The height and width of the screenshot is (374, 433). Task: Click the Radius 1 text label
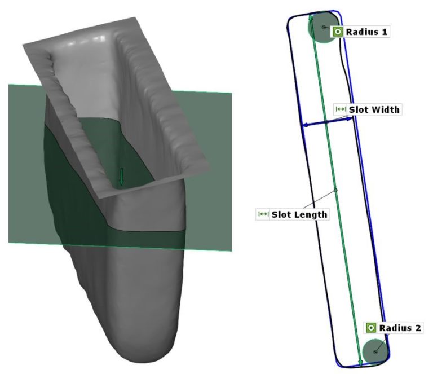(x=366, y=32)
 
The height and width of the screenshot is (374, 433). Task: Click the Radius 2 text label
(x=400, y=328)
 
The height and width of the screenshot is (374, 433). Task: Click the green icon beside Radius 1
(x=337, y=32)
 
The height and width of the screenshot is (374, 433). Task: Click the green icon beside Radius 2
(x=371, y=328)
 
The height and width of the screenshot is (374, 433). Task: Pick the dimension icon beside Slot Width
(x=341, y=109)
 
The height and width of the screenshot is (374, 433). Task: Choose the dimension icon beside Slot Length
(x=263, y=214)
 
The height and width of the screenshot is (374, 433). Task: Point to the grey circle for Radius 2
(x=375, y=351)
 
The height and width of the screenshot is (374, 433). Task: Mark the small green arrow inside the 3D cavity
(x=121, y=177)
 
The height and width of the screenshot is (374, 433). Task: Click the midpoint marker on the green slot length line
(x=335, y=190)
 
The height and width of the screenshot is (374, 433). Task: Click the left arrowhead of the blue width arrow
(x=305, y=125)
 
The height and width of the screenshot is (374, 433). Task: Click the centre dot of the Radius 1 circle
(x=323, y=27)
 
